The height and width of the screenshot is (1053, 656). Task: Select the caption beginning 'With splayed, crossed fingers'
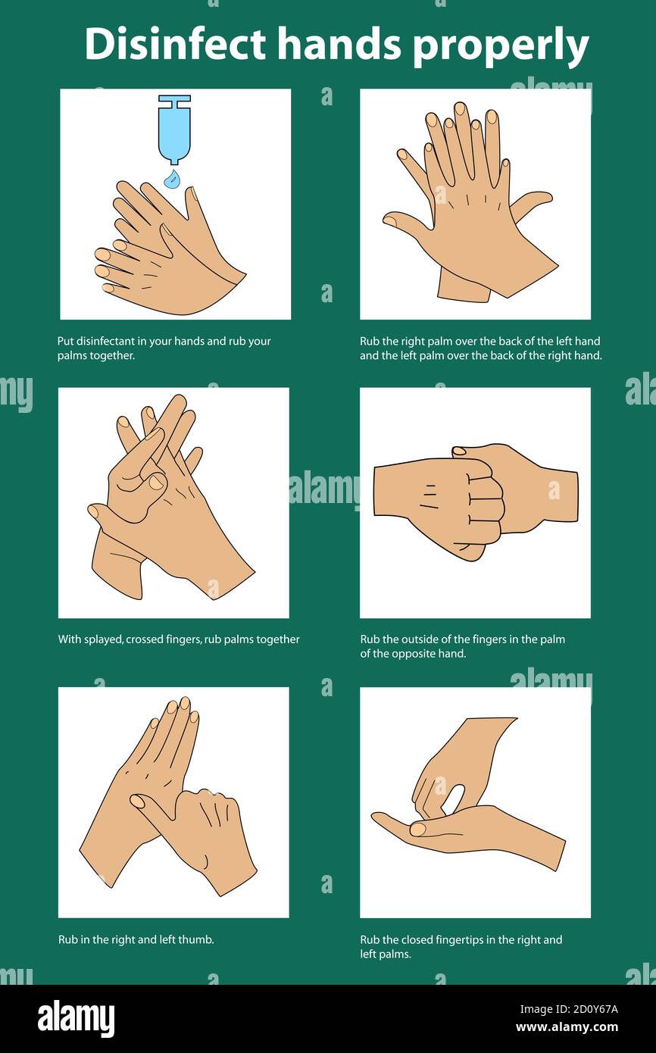tap(179, 639)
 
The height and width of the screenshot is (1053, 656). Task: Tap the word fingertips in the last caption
tap(459, 940)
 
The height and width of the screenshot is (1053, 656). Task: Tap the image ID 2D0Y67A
tap(588, 1008)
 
